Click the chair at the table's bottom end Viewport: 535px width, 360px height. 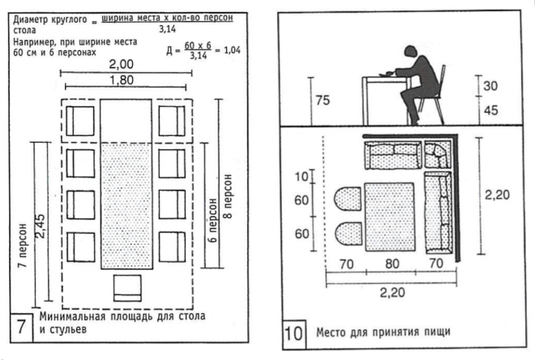click(128, 288)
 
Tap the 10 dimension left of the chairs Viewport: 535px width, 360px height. click(303, 176)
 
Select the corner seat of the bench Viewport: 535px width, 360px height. click(435, 153)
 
